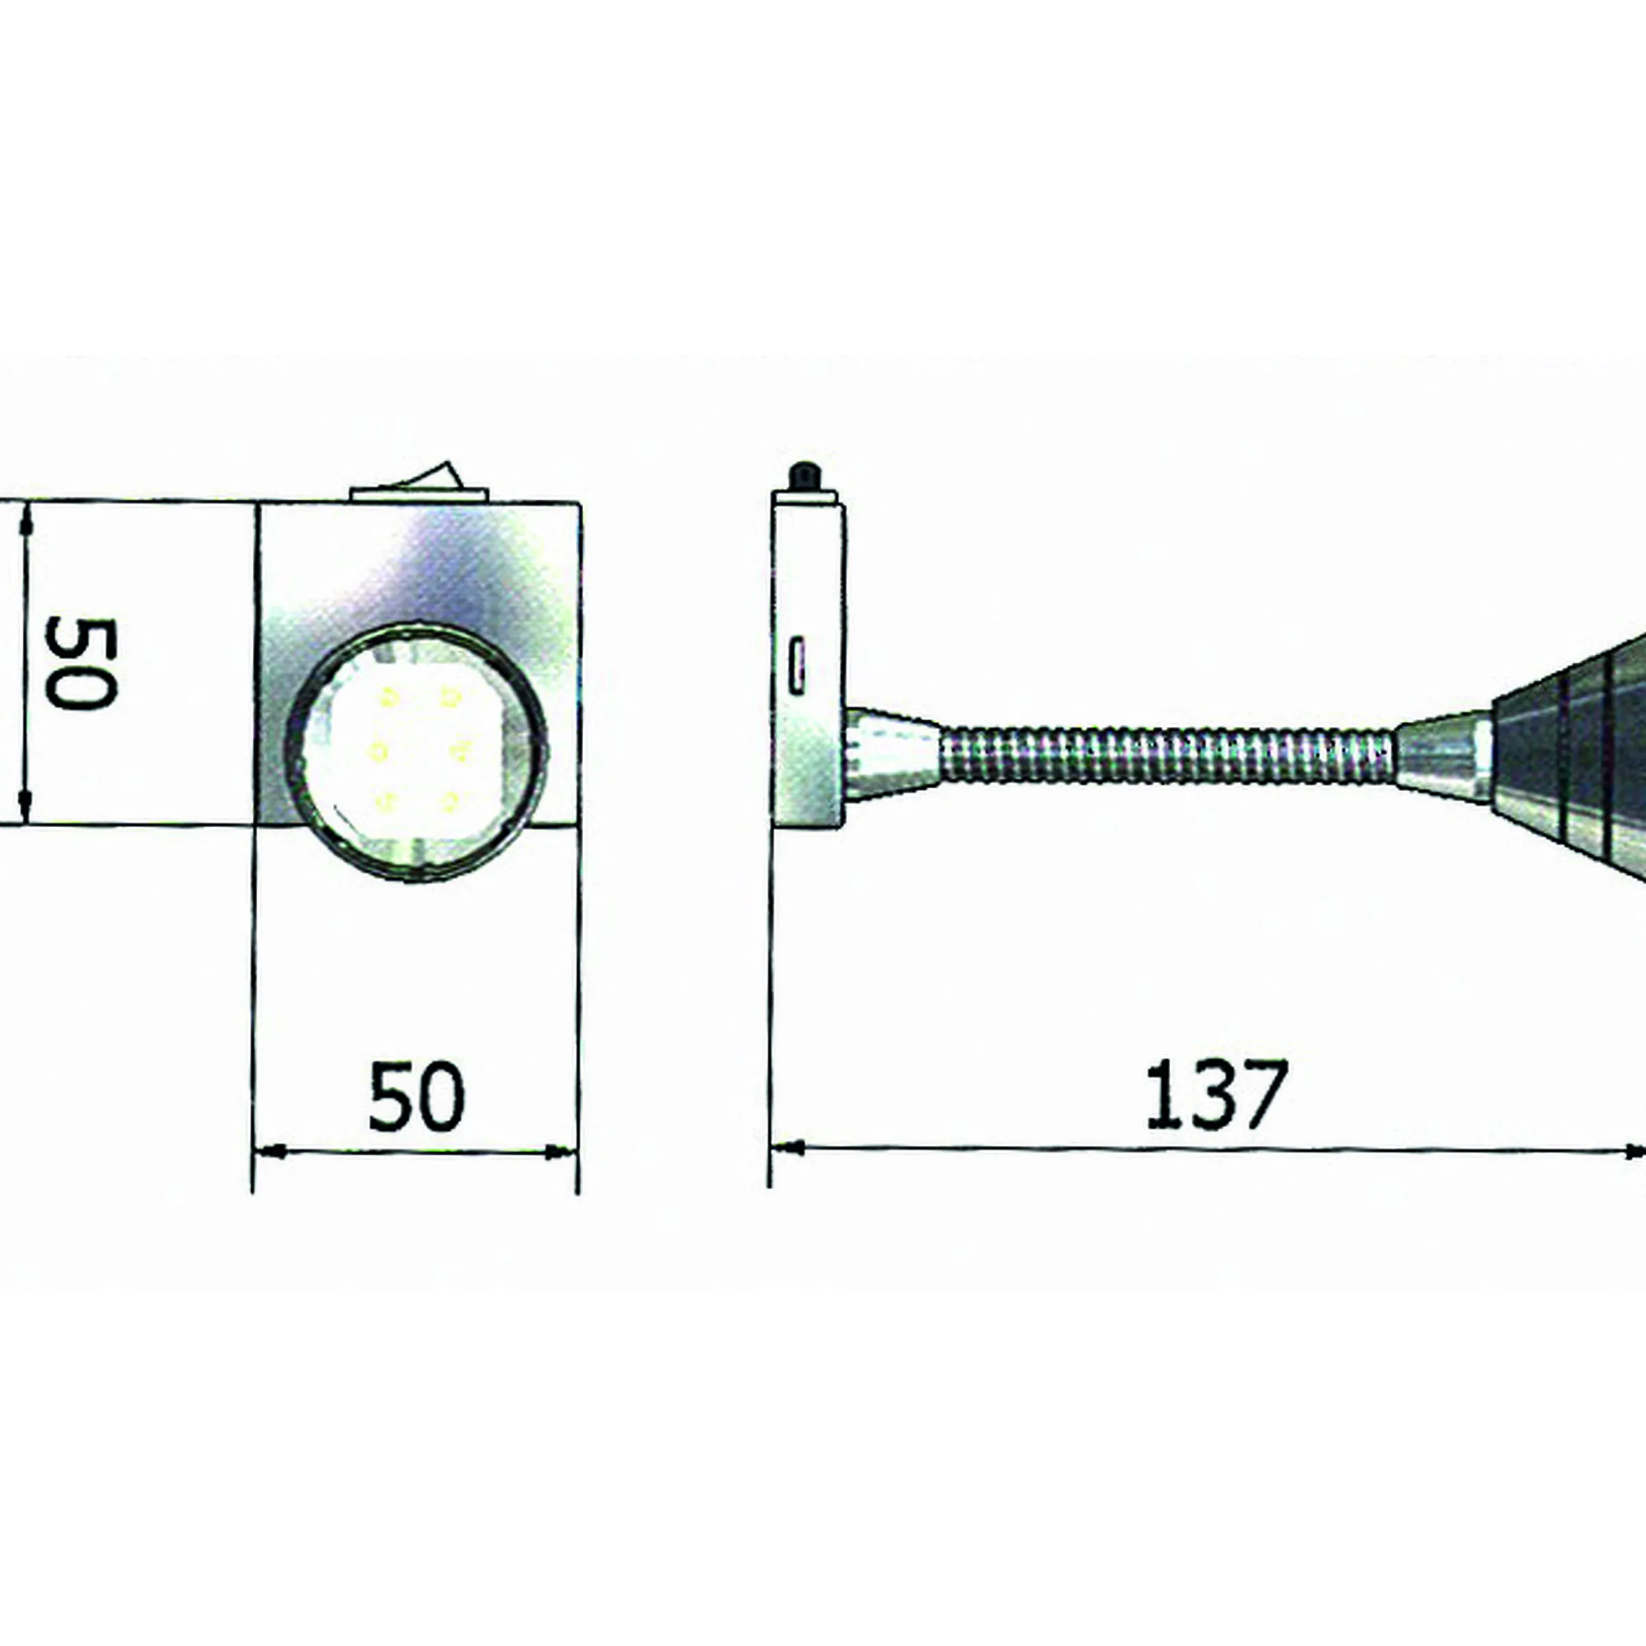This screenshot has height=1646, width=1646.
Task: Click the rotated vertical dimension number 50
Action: pyautogui.click(x=80, y=664)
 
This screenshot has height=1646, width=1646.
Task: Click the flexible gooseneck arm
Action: pyautogui.click(x=1167, y=753)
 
